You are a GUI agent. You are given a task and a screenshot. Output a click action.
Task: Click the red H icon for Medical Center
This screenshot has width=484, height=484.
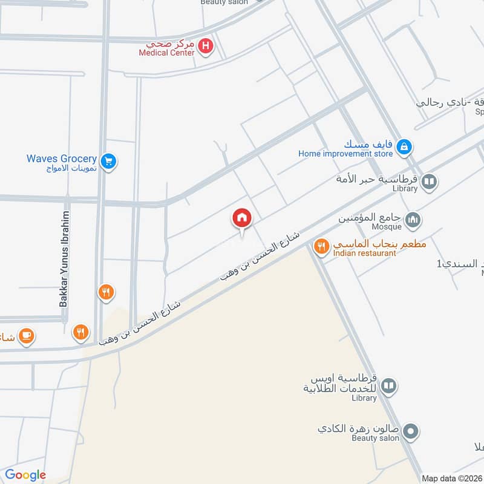pyautogui.click(x=206, y=46)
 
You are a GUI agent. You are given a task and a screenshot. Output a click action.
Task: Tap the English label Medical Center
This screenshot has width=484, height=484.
pyautogui.click(x=166, y=53)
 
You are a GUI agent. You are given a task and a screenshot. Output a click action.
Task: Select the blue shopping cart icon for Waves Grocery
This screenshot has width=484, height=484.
pyautogui.click(x=109, y=161)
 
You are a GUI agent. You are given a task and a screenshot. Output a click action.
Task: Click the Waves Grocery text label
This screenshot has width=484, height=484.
pyautogui.click(x=61, y=159)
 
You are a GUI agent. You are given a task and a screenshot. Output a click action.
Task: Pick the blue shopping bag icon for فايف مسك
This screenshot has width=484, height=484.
pyautogui.click(x=405, y=146)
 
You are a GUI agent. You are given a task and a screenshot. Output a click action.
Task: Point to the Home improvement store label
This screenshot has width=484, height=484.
pyautogui.click(x=345, y=154)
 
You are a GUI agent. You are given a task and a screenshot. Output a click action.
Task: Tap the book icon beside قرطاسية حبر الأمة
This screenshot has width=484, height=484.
pyautogui.click(x=429, y=181)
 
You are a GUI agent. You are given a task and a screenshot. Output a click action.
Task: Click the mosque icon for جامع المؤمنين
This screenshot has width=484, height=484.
pyautogui.click(x=413, y=219)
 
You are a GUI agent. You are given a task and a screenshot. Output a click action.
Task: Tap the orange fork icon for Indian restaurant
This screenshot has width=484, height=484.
pyautogui.click(x=321, y=246)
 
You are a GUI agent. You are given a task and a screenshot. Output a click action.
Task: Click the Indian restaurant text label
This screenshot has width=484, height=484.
pyautogui.click(x=364, y=253)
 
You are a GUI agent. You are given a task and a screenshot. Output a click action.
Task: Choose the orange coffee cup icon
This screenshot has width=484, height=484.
pyautogui.click(x=26, y=336)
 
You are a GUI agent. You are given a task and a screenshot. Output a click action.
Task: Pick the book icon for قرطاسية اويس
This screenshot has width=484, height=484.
pyautogui.click(x=388, y=386)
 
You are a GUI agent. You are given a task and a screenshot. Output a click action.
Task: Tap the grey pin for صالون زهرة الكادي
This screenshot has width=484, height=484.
pyautogui.click(x=411, y=432)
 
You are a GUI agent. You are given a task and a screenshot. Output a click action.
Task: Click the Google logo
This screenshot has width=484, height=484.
pyautogui.click(x=25, y=475)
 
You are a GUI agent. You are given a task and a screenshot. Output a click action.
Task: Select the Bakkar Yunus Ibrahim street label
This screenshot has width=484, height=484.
pyautogui.click(x=64, y=259)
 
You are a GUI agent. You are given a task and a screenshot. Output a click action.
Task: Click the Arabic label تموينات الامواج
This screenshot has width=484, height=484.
pyautogui.click(x=72, y=168)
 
